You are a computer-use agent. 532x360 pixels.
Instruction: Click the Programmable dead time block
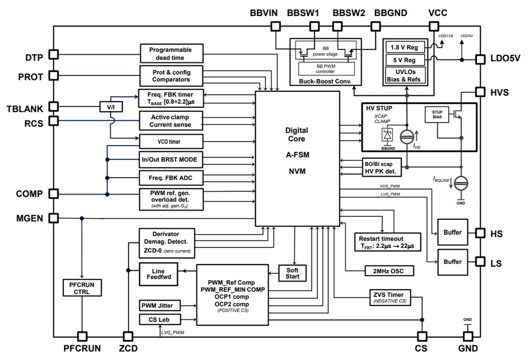click(170, 53)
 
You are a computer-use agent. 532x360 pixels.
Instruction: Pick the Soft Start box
click(293, 273)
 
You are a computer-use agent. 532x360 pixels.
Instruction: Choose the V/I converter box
click(110, 106)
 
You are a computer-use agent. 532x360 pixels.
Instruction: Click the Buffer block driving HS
click(452, 232)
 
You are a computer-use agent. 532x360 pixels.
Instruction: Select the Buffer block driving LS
click(452, 262)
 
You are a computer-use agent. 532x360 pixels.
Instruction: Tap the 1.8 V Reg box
click(405, 47)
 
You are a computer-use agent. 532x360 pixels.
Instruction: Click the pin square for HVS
click(480, 92)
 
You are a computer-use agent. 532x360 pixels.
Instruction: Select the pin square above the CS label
click(422, 336)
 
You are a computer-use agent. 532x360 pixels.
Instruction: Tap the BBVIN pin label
click(264, 13)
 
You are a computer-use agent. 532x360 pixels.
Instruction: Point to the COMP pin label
click(29, 194)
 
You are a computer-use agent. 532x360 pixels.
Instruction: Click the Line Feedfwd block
click(158, 274)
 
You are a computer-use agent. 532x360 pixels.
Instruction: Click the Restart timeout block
click(382, 242)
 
